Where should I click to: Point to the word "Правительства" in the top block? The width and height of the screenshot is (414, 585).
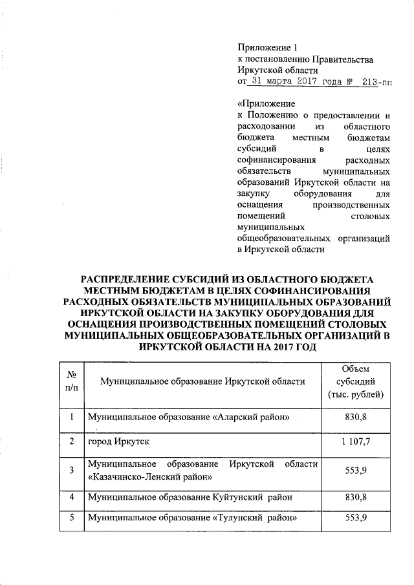click(x=343, y=59)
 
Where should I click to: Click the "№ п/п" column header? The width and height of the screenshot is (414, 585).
click(x=72, y=381)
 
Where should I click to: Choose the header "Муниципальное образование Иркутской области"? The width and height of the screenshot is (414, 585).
click(x=202, y=381)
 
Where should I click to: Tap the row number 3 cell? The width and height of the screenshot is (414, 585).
click(x=72, y=471)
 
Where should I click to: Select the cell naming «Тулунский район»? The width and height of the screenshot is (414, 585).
click(x=192, y=518)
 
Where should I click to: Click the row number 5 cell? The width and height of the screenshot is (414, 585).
click(x=72, y=518)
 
